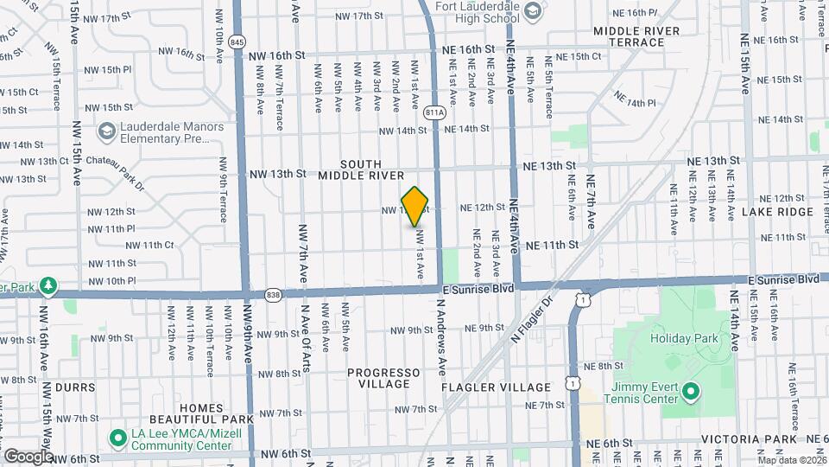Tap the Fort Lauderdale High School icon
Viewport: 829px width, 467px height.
tap(534, 10)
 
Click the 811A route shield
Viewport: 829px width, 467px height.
tap(435, 112)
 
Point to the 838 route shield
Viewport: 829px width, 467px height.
tap(273, 294)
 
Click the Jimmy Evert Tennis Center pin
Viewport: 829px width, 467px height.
tap(690, 392)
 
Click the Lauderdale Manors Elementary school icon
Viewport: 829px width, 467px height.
tap(107, 131)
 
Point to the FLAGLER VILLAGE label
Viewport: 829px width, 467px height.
tap(496, 387)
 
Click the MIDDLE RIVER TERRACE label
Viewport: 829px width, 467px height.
tap(649, 36)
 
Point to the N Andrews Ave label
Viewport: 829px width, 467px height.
tap(441, 343)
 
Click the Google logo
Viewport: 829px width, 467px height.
tap(28, 456)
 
